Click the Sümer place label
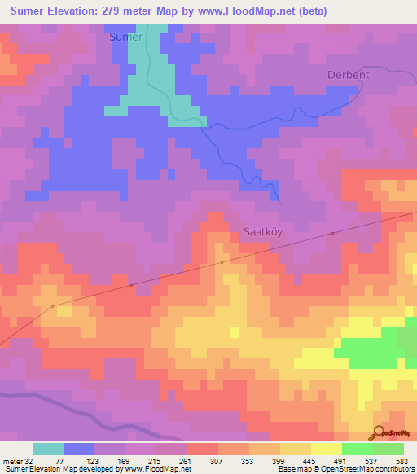tap(125, 37)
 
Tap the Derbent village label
tap(348, 74)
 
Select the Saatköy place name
tap(265, 231)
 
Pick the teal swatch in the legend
tap(48, 449)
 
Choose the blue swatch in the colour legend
tap(79, 449)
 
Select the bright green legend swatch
tap(358, 449)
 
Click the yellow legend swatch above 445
tap(296, 449)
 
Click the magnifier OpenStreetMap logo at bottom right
tap(379, 433)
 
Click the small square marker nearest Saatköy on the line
tap(222, 263)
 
